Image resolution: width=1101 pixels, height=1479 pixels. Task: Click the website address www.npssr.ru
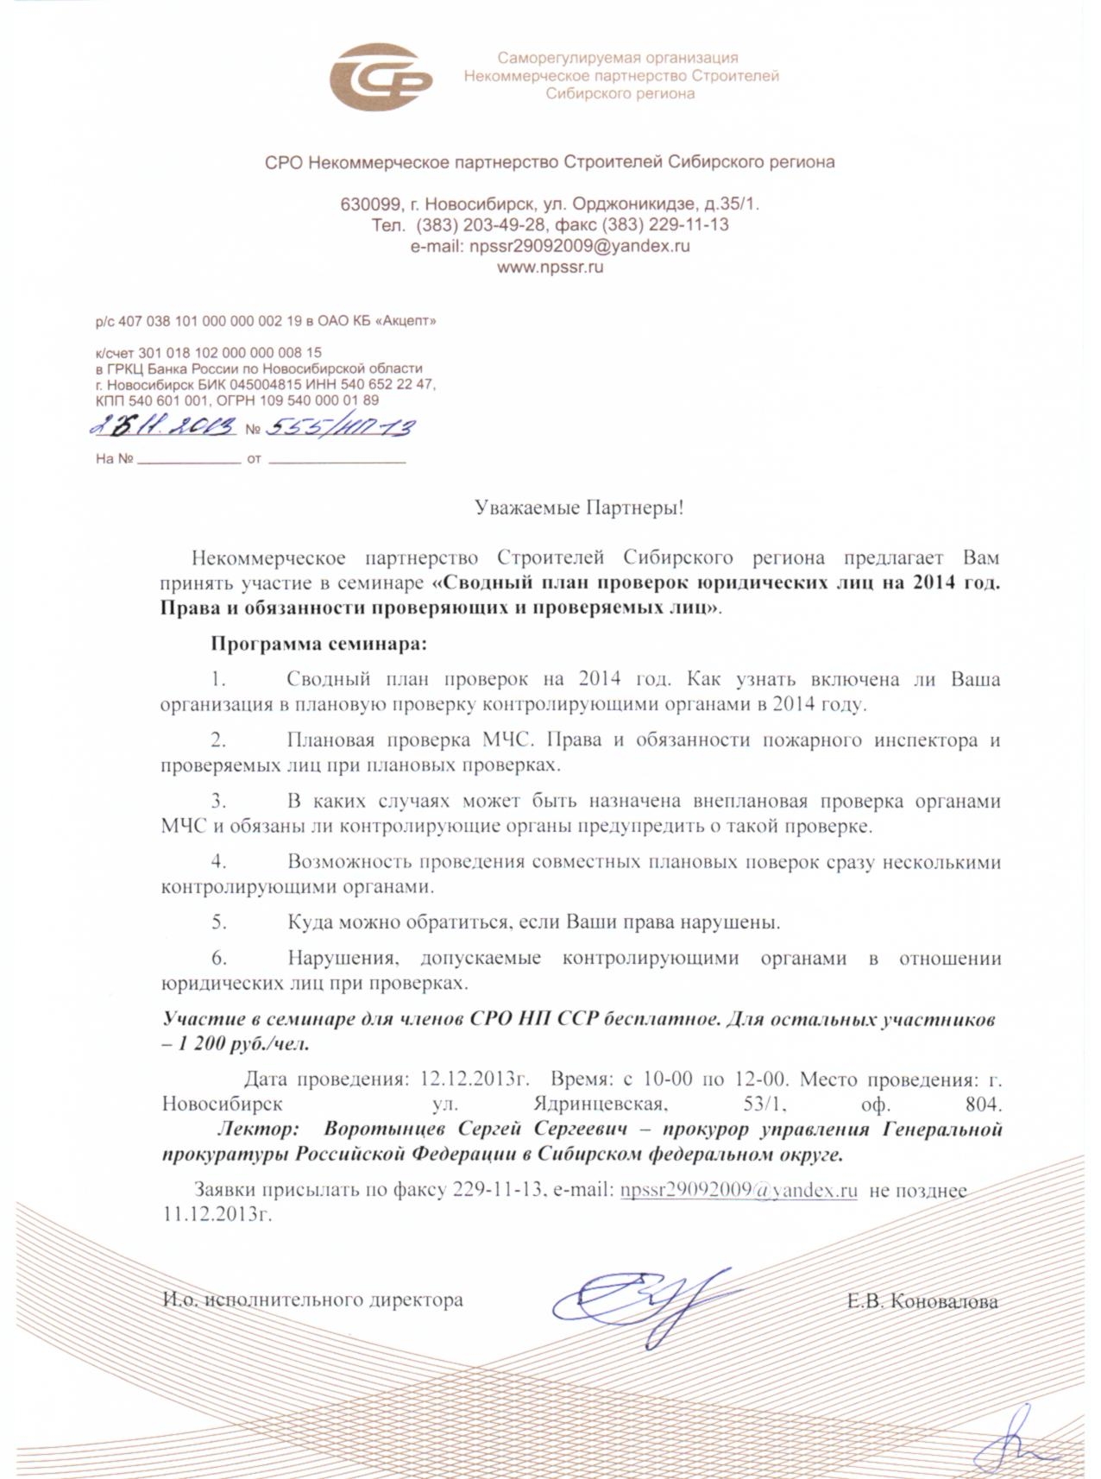click(x=550, y=267)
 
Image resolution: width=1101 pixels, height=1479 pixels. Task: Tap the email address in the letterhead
click(x=550, y=246)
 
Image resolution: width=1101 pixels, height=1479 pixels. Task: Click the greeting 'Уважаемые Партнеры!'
click(x=579, y=507)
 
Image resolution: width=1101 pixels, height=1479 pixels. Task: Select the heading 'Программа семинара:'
click(x=319, y=644)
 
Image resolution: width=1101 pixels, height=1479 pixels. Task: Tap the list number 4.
click(x=219, y=861)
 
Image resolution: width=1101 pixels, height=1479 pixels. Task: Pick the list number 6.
click(x=219, y=958)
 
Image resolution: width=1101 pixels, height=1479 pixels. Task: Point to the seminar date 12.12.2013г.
click(x=474, y=1079)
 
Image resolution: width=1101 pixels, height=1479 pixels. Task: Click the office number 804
click(x=984, y=1104)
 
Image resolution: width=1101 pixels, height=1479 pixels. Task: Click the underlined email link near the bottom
click(x=739, y=1190)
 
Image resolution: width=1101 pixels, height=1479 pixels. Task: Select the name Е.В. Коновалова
click(x=922, y=1301)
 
